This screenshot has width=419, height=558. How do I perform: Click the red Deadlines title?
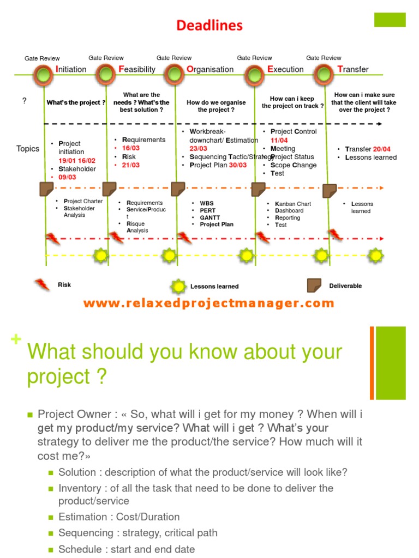coord(209,26)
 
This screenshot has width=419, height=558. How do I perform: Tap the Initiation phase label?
coord(71,69)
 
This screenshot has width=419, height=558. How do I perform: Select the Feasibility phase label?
coord(136,69)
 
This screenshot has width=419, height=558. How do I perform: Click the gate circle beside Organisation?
coord(174,74)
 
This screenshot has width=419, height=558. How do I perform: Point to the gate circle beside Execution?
coord(255,74)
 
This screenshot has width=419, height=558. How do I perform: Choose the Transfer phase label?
coord(353,69)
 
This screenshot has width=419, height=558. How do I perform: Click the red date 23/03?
coord(198,149)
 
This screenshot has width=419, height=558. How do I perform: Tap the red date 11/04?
coord(279,140)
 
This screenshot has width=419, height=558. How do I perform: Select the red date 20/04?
coord(382,149)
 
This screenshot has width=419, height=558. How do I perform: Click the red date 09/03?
coord(67,177)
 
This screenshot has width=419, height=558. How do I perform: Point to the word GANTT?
coord(210,217)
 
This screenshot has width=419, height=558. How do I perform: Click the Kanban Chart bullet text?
coord(293,204)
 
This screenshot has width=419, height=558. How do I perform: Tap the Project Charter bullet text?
coord(83,201)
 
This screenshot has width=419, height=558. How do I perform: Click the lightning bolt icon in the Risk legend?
coord(42,284)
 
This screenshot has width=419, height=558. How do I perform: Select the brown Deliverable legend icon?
coord(314,286)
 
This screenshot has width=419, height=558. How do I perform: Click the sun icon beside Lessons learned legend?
coord(178,286)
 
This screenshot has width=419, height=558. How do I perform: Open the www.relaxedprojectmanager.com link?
coord(208,304)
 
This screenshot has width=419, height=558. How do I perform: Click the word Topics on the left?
coord(28,149)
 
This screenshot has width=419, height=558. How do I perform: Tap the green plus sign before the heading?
coord(16,339)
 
